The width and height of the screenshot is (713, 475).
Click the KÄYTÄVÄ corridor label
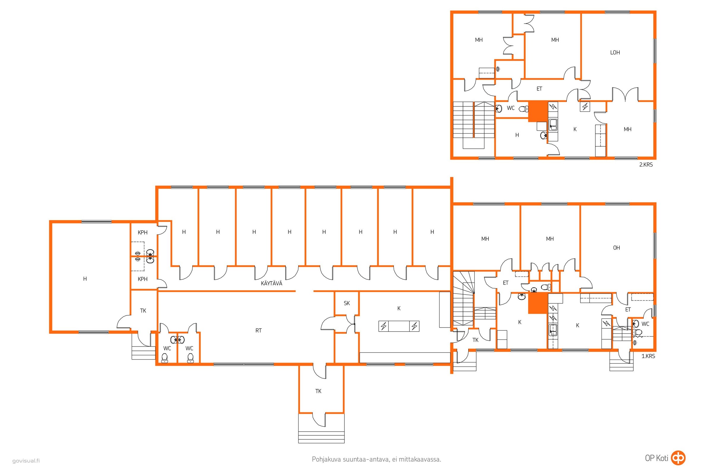click(x=271, y=283)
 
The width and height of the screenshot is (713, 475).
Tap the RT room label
click(x=258, y=330)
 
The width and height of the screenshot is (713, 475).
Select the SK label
click(x=347, y=303)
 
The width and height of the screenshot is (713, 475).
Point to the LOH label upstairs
click(x=615, y=53)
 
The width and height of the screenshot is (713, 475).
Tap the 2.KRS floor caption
click(x=646, y=165)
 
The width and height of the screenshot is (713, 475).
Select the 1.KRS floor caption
click(x=648, y=356)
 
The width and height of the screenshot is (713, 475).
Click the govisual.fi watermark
click(x=26, y=461)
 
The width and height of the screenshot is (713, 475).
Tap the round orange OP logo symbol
click(x=678, y=458)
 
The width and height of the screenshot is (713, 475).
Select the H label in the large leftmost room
click(x=85, y=279)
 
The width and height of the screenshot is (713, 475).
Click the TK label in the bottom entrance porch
click(x=318, y=391)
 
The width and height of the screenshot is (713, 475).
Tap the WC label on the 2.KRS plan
click(x=510, y=108)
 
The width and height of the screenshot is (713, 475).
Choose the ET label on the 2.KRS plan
click(x=539, y=89)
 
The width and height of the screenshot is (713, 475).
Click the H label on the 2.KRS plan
click(x=517, y=135)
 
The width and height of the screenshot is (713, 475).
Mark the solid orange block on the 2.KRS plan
click(x=538, y=111)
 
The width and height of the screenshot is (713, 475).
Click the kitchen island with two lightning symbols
click(x=399, y=326)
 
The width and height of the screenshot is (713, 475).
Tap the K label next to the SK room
click(x=399, y=308)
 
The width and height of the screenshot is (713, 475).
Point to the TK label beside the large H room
click(x=143, y=311)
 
